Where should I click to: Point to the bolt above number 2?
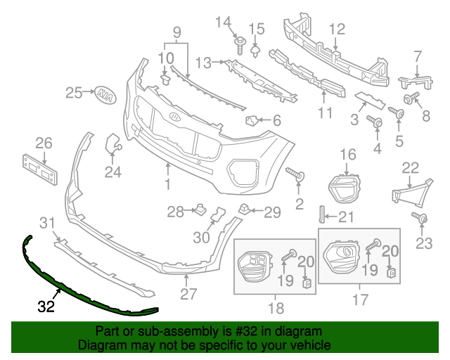[x=295, y=173]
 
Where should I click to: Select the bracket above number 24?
[x=112, y=144]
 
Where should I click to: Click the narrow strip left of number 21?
[x=323, y=217]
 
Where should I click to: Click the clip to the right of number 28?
[x=199, y=210]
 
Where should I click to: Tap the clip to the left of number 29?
[x=245, y=207]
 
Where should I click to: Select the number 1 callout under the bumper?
[x=169, y=185]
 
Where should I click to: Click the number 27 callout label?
[x=188, y=294]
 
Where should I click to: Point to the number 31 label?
[x=46, y=224]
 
